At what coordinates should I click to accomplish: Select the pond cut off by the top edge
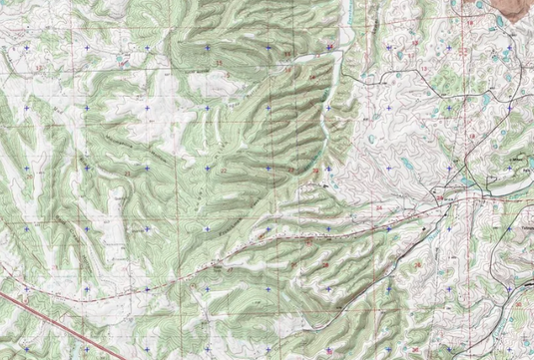480,3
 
